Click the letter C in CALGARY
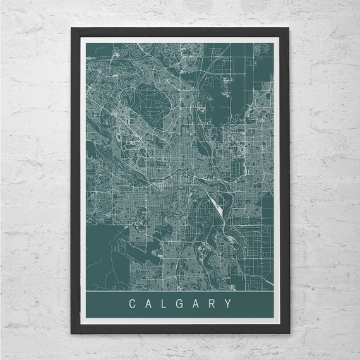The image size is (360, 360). (x=131, y=304)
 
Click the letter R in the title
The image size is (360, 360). (x=212, y=304)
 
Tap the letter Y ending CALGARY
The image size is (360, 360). (x=228, y=304)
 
